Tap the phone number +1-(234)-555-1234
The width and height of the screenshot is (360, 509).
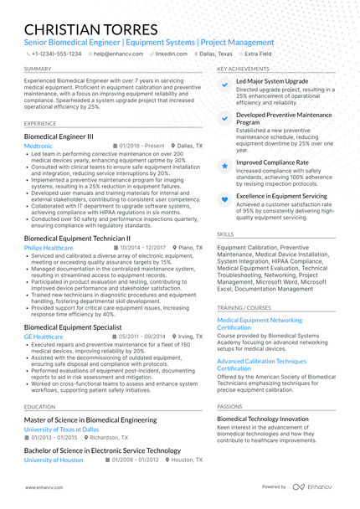[56, 53]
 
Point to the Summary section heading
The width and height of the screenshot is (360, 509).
[37, 69]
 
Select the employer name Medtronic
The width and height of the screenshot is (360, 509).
[39, 146]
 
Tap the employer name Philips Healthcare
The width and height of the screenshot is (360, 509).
[49, 248]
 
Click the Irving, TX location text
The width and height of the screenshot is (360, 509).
[191, 336]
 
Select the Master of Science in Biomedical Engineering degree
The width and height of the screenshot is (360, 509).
[90, 419]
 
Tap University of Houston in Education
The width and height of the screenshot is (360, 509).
[54, 460]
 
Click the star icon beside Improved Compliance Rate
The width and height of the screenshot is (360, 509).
[225, 166]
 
